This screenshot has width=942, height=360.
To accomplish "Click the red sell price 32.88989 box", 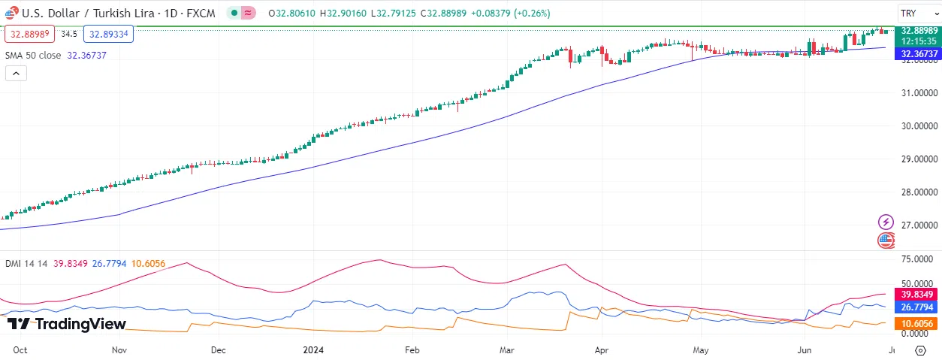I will pyautogui.click(x=29, y=34).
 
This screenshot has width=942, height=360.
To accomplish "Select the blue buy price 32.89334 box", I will pyautogui.click(x=108, y=34).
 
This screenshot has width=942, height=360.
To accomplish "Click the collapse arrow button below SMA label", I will pyautogui.click(x=16, y=73).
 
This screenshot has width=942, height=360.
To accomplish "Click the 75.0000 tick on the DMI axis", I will pyautogui.click(x=916, y=259).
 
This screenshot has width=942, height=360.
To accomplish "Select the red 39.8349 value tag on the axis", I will pyautogui.click(x=919, y=295).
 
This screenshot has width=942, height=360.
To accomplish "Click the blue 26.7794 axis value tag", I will pyautogui.click(x=919, y=307).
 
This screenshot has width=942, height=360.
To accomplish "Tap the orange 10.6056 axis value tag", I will pyautogui.click(x=919, y=324).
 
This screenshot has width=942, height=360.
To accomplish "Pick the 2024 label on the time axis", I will pyautogui.click(x=312, y=350).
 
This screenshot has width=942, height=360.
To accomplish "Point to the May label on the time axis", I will pyautogui.click(x=701, y=350).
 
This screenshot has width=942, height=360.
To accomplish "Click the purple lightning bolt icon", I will pyautogui.click(x=886, y=222).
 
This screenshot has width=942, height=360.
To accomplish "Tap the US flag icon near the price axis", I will pyautogui.click(x=886, y=241).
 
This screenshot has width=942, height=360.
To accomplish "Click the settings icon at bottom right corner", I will pyautogui.click(x=920, y=350).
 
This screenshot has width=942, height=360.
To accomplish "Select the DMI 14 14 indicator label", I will pyautogui.click(x=26, y=263).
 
